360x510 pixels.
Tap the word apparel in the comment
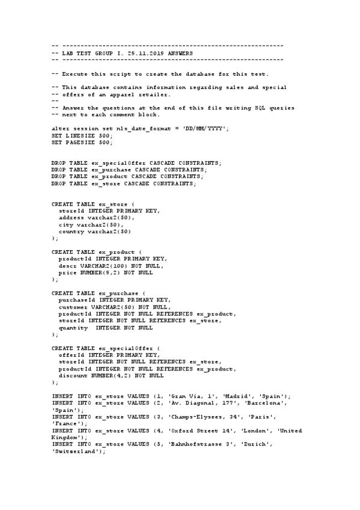coord(123,94)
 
